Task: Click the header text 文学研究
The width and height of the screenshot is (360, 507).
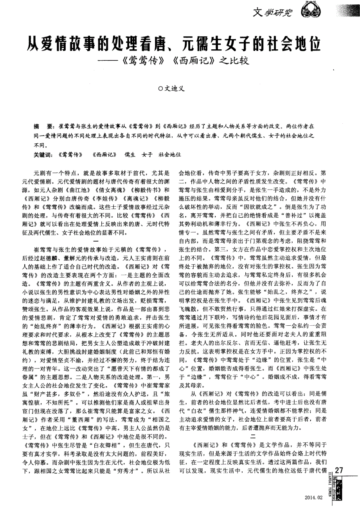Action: point(274,13)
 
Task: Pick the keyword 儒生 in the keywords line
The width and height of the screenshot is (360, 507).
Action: point(130,155)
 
